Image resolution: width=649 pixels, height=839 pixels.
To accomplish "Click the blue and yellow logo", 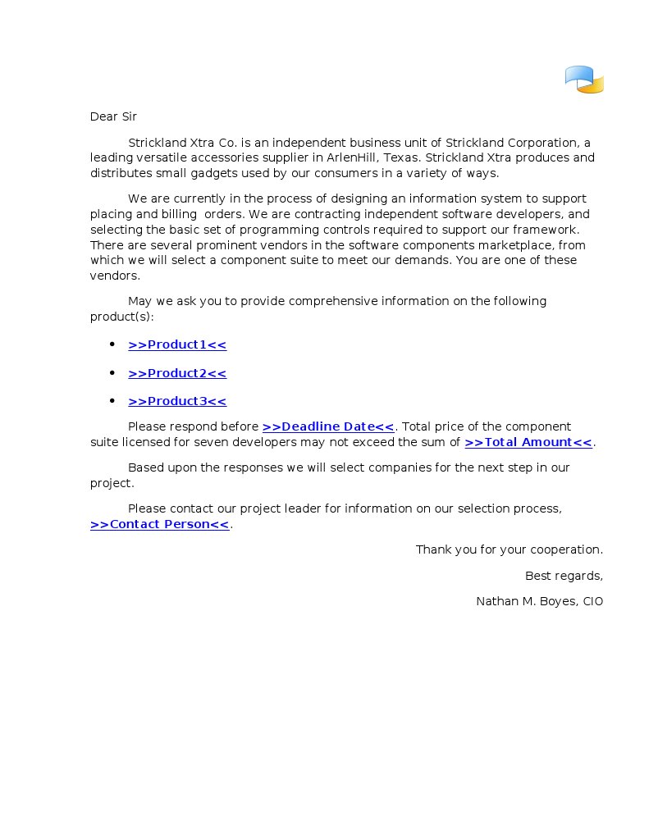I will coord(584,80).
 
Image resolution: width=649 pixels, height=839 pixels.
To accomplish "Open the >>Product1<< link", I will coord(177,344).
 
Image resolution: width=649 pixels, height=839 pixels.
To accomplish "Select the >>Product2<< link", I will coord(177,373).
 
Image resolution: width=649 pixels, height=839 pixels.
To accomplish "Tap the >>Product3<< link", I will coord(177,401).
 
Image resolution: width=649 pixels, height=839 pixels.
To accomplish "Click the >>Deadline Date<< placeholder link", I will coord(328,426).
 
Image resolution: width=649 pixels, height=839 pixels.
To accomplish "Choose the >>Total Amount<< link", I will coord(528,442).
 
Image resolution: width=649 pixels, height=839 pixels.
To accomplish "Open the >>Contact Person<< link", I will coord(160,524).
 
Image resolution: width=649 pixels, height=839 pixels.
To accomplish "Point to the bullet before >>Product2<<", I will coord(112,373).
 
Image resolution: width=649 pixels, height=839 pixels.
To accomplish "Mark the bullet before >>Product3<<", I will coord(112,401).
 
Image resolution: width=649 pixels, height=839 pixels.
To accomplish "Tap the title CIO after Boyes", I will coord(592,601).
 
